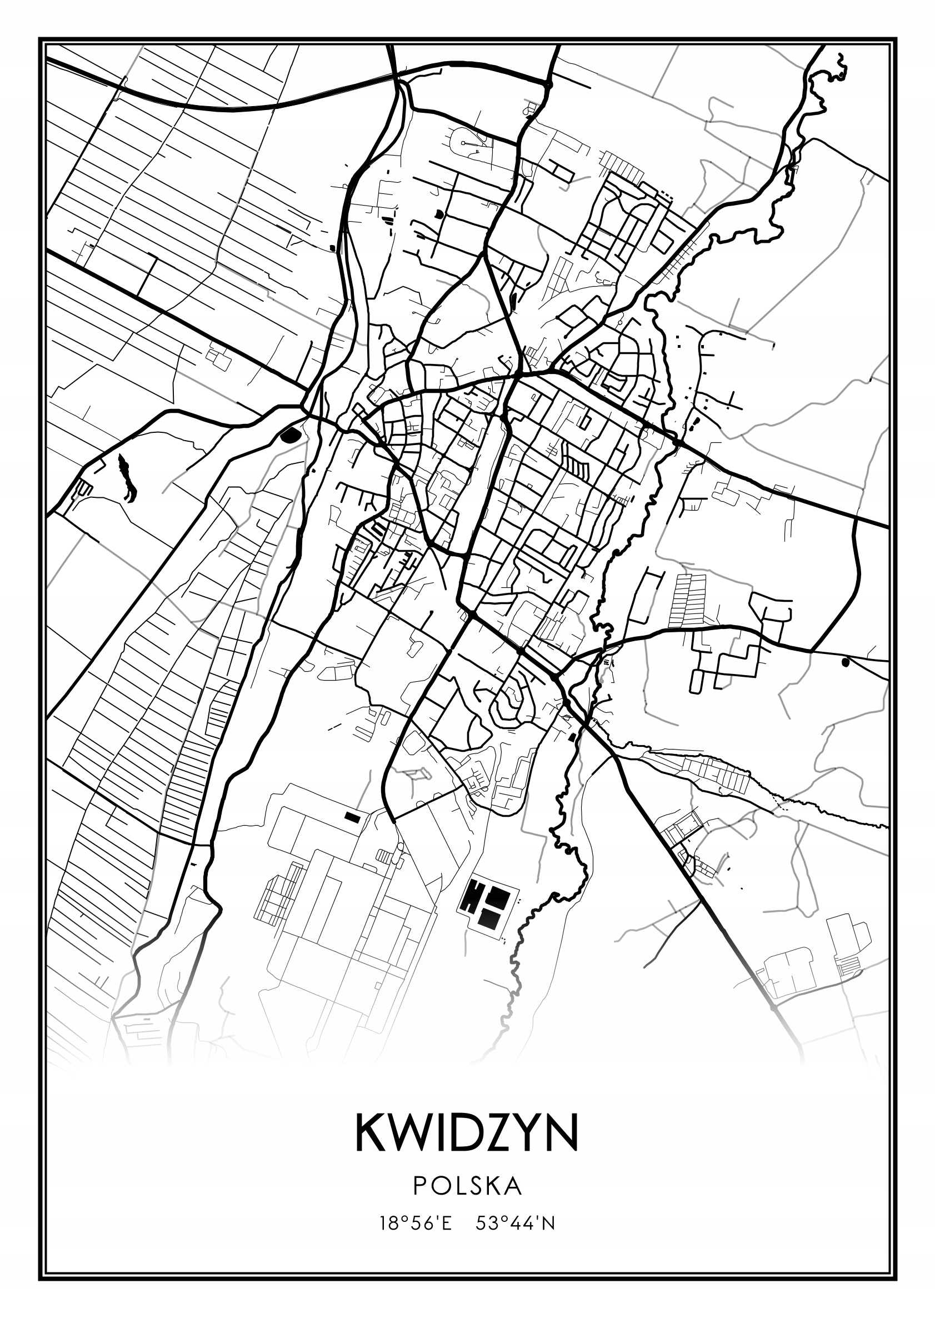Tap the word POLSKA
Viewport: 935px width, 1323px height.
467,1185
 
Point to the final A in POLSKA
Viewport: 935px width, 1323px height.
513,1185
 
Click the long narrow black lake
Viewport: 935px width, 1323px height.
127,478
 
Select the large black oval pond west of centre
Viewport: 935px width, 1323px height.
291,435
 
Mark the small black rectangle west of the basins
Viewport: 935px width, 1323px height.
352,816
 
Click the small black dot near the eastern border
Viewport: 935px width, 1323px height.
845,662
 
